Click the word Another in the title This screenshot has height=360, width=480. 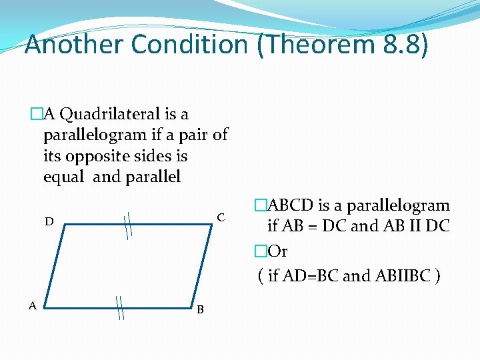tap(74, 45)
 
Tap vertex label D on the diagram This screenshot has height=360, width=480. tap(49, 221)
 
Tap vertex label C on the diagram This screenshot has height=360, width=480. tap(221, 218)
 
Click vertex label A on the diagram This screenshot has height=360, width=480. tap(32, 305)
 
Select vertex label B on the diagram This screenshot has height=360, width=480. tap(200, 309)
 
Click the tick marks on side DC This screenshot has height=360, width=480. tap(128, 225)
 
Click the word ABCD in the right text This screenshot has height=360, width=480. tap(289, 206)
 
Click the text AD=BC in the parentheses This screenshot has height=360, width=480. tap(307, 275)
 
